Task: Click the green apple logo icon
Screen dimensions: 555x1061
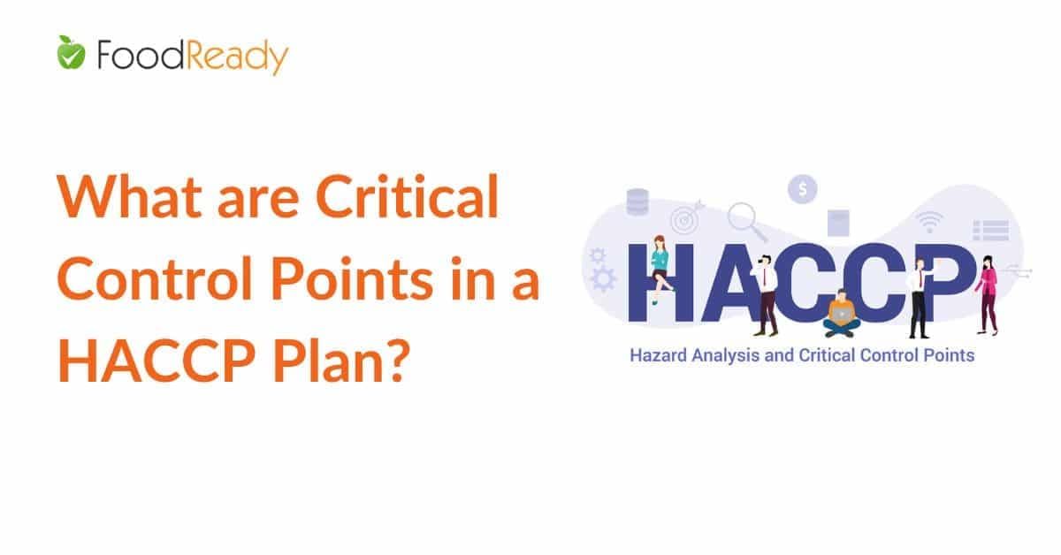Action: (x=70, y=55)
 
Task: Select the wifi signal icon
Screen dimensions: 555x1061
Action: (x=929, y=221)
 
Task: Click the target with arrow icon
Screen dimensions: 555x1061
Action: (x=685, y=217)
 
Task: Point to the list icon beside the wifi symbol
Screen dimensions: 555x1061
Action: (x=990, y=230)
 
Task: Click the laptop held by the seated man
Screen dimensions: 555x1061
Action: (x=841, y=312)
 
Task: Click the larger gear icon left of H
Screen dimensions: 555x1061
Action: (x=605, y=279)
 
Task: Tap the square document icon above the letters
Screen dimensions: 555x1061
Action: (x=838, y=222)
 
